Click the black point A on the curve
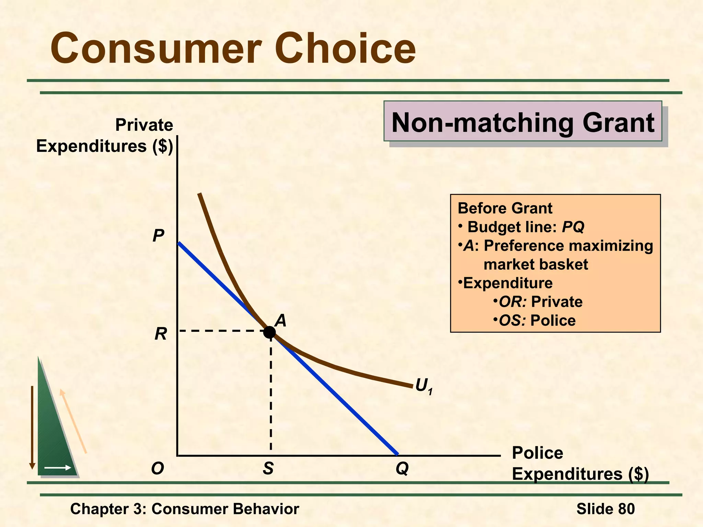tap(269, 332)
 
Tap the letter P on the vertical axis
tap(158, 236)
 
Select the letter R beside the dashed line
tap(161, 333)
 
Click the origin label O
tap(158, 468)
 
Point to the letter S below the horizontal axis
tap(268, 468)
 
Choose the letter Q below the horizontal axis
tap(402, 468)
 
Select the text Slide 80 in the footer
tap(606, 509)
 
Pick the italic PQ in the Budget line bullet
tap(573, 227)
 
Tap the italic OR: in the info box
tap(512, 302)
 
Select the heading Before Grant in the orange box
tap(505, 208)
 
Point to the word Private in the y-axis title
tap(144, 125)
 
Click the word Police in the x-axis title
tap(538, 453)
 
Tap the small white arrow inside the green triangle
tap(58, 468)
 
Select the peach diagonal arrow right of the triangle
tap(73, 421)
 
